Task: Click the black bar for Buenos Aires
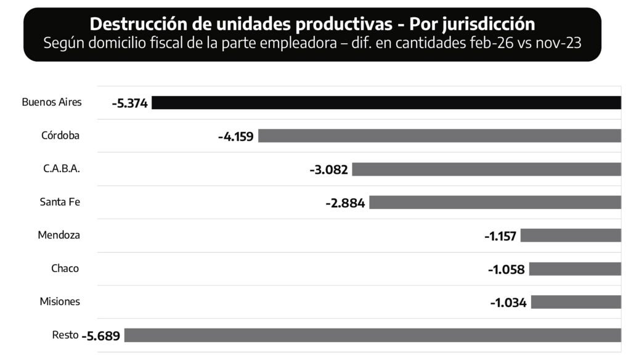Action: point(386,103)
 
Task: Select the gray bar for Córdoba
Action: point(440,136)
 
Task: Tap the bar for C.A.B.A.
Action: point(487,169)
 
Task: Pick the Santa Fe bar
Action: point(495,202)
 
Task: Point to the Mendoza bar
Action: point(571,235)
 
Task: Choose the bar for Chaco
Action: point(575,269)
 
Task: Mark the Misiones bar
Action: point(576,302)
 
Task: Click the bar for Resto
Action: point(373,335)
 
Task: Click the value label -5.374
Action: point(129,104)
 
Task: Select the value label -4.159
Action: point(236,137)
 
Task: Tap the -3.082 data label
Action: point(329,170)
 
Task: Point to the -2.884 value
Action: point(345,203)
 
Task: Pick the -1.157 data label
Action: point(500,236)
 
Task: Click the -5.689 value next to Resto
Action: point(100,336)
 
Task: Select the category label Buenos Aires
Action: point(52,102)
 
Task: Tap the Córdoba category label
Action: point(60,135)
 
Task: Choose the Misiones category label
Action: point(60,301)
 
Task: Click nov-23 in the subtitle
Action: point(558,43)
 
